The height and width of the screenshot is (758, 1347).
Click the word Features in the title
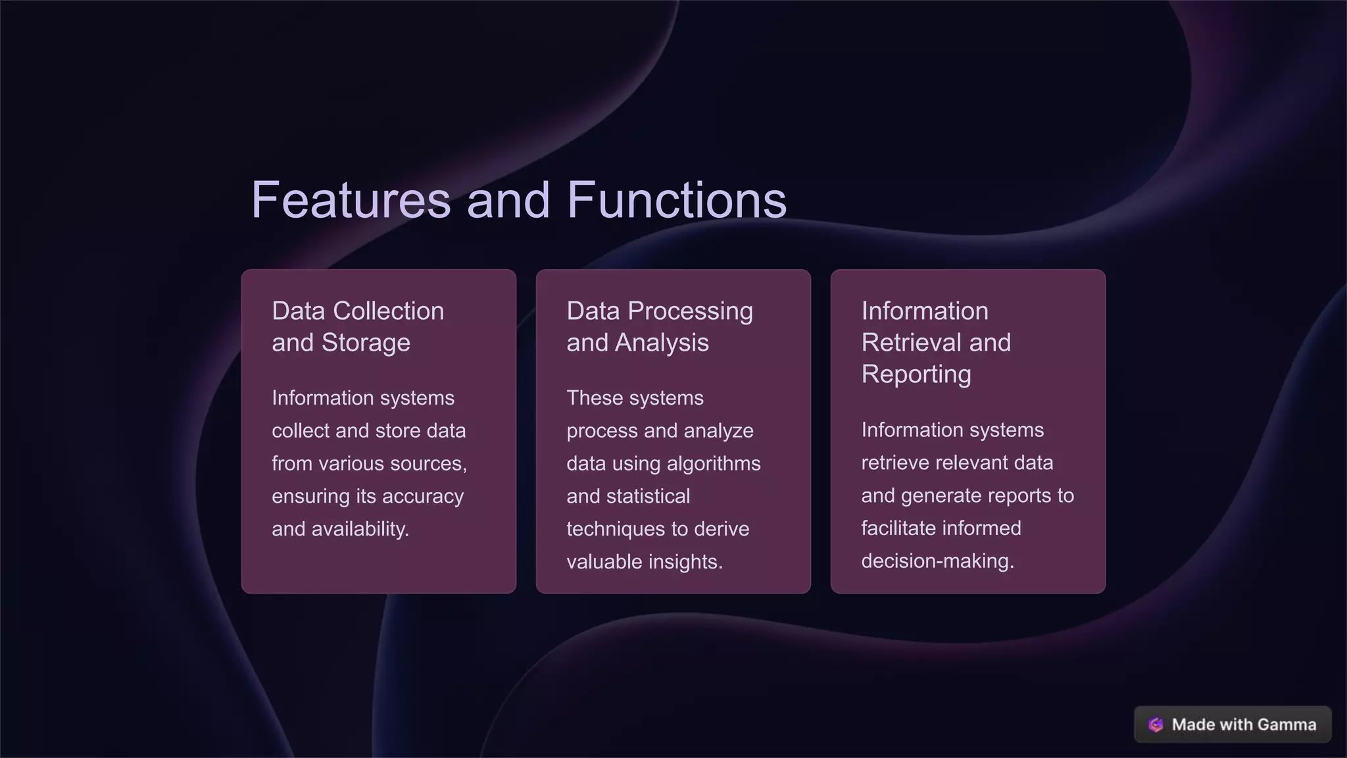pyautogui.click(x=351, y=200)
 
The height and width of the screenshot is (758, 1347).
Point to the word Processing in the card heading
pyautogui.click(x=690, y=311)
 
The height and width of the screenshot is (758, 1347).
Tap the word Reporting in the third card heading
pyautogui.click(x=916, y=374)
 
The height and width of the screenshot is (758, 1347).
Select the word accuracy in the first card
pyautogui.click(x=423, y=496)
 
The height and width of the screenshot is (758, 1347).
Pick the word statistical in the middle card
pyautogui.click(x=652, y=496)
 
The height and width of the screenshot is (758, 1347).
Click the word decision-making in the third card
pyautogui.click(x=937, y=561)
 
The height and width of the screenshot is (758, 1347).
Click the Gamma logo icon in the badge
pyautogui.click(x=1156, y=724)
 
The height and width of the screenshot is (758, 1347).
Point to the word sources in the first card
pyautogui.click(x=428, y=464)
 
